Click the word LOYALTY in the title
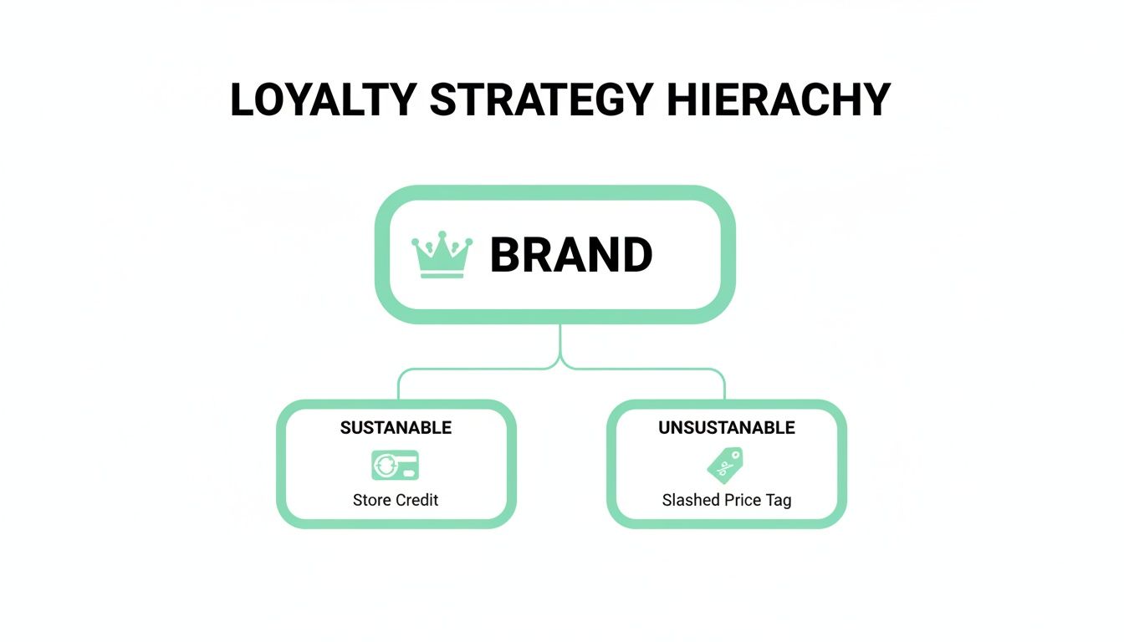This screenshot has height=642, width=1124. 323,100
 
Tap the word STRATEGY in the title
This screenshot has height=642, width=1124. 541,100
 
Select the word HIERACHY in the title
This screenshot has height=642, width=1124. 779,100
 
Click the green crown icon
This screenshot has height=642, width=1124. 442,255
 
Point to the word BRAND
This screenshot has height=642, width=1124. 571,256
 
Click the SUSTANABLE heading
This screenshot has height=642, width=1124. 396,428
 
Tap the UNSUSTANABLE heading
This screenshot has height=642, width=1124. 727,428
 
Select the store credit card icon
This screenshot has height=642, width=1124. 396,466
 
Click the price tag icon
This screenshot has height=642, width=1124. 725,466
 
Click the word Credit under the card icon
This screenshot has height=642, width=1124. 417,501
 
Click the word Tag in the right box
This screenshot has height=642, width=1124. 779,501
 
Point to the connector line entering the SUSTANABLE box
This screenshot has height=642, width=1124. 398,386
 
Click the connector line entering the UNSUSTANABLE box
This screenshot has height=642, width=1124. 724,386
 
